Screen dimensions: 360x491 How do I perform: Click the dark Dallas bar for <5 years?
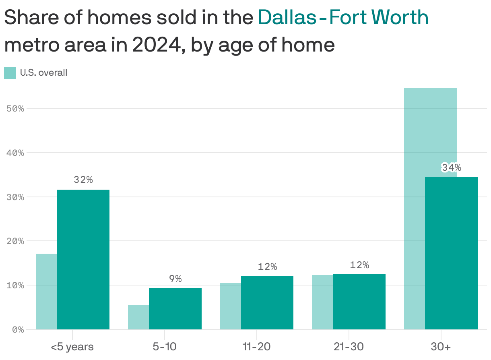point(83,259)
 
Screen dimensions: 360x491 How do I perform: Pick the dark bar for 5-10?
point(175,308)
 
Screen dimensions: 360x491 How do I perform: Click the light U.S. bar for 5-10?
point(138,317)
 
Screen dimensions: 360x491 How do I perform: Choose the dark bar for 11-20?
point(267,303)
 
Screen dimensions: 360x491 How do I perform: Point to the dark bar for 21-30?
point(359,302)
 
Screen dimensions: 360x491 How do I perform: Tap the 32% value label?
point(83,180)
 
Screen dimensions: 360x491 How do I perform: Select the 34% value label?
point(451,168)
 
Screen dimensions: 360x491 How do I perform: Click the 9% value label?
point(175,279)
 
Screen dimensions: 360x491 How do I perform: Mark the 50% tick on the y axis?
point(16,109)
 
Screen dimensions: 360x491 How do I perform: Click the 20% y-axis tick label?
point(16,241)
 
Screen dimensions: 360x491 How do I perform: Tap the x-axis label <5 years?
point(72,347)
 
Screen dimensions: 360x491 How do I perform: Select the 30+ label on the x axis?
point(441,347)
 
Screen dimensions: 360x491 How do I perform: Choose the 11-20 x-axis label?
point(256,347)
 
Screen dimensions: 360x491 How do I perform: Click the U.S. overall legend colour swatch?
point(10,73)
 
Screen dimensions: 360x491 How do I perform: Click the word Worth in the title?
point(400,17)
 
